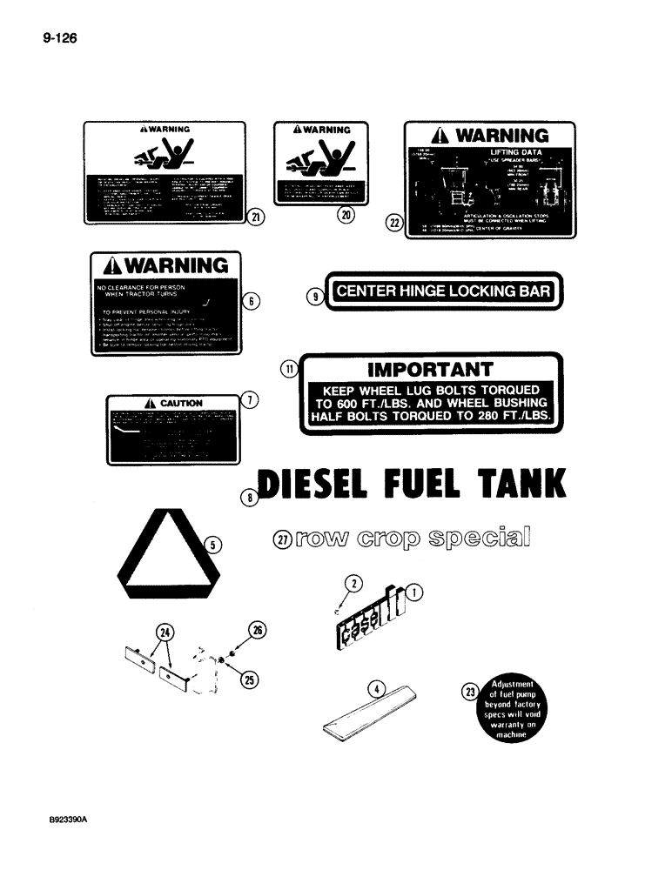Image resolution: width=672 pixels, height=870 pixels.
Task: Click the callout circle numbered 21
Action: pos(255,217)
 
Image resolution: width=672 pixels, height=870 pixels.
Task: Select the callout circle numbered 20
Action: pos(347,217)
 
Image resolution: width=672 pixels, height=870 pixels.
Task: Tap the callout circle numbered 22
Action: pos(393,223)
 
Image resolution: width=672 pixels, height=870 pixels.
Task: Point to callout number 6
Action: pos(251,301)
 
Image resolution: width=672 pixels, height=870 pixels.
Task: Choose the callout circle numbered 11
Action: pos(288,370)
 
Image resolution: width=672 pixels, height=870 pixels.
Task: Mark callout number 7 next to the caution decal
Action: pos(249,401)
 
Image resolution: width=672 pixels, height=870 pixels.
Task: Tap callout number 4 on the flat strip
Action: pos(376,690)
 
